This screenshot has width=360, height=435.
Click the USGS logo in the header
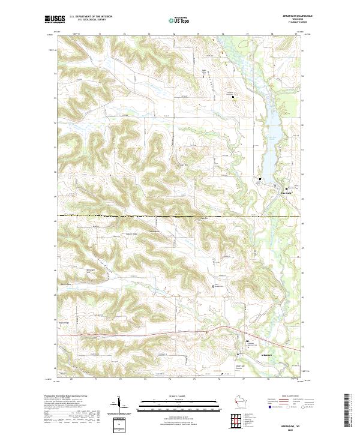(53, 19)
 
